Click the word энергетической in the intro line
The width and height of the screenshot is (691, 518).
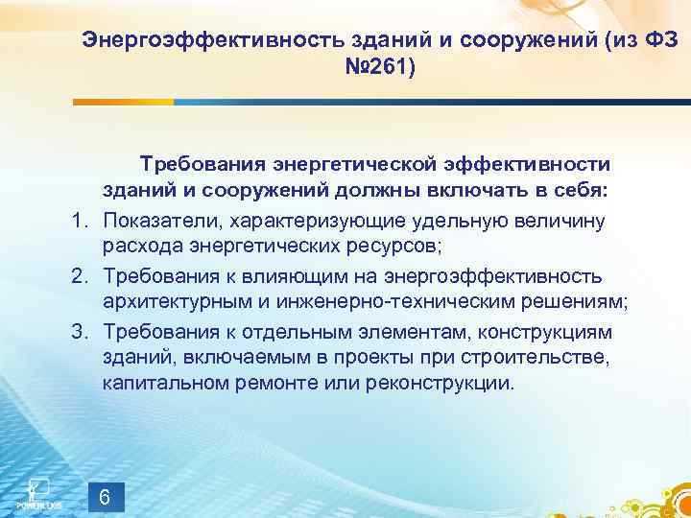[x=349, y=162]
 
